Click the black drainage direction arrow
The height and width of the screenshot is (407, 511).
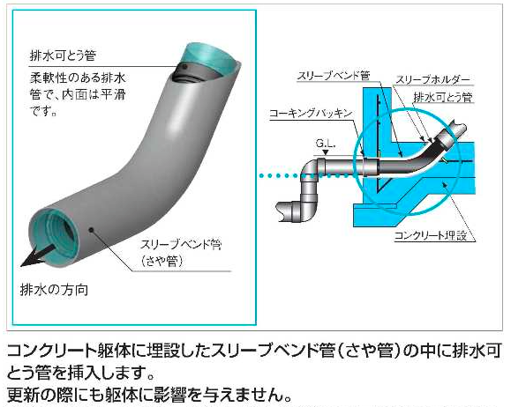point(36,256)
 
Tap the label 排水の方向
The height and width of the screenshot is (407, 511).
point(54,290)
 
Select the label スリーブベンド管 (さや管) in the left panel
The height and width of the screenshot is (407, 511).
point(181,253)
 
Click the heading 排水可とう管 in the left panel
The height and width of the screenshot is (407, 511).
point(64,55)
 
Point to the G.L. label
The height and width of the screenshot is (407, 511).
point(326,143)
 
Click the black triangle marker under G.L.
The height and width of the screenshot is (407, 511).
point(326,152)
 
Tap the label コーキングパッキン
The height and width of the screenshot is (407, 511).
point(312,114)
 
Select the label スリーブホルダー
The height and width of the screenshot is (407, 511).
point(433,79)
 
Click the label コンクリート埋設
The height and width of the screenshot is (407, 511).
point(431,235)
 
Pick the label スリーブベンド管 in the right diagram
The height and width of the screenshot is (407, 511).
point(334,76)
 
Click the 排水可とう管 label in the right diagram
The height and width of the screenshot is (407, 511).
point(443,97)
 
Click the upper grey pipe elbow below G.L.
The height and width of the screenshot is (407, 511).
point(311,170)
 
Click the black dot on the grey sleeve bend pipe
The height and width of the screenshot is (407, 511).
point(91,230)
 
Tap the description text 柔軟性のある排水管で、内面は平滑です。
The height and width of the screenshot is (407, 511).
point(78,94)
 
